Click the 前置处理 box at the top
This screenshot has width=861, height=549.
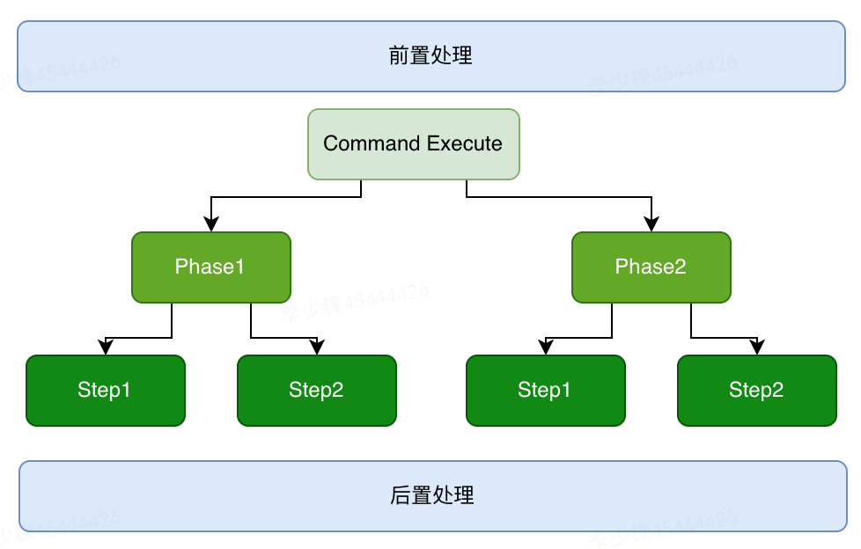[430, 56]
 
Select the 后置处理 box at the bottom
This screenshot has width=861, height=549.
[431, 496]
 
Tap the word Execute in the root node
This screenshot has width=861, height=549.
[464, 143]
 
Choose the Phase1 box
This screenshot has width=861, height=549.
[210, 267]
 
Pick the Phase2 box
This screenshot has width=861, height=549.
[651, 267]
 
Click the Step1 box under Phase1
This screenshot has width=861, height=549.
[105, 391]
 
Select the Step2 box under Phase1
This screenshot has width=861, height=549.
[316, 391]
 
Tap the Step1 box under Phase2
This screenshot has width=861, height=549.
[545, 391]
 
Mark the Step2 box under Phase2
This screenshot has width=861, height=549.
[756, 391]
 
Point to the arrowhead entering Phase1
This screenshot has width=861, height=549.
[210, 225]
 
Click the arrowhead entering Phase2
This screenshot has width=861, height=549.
[651, 225]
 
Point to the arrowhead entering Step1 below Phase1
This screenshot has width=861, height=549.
[106, 348]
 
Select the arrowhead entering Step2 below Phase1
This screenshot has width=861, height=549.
[317, 348]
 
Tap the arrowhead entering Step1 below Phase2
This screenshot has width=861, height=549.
[546, 348]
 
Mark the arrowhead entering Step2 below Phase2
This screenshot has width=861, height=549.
[757, 348]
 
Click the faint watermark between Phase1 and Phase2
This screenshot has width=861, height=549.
[355, 301]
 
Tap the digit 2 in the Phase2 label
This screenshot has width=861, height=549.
[680, 267]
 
